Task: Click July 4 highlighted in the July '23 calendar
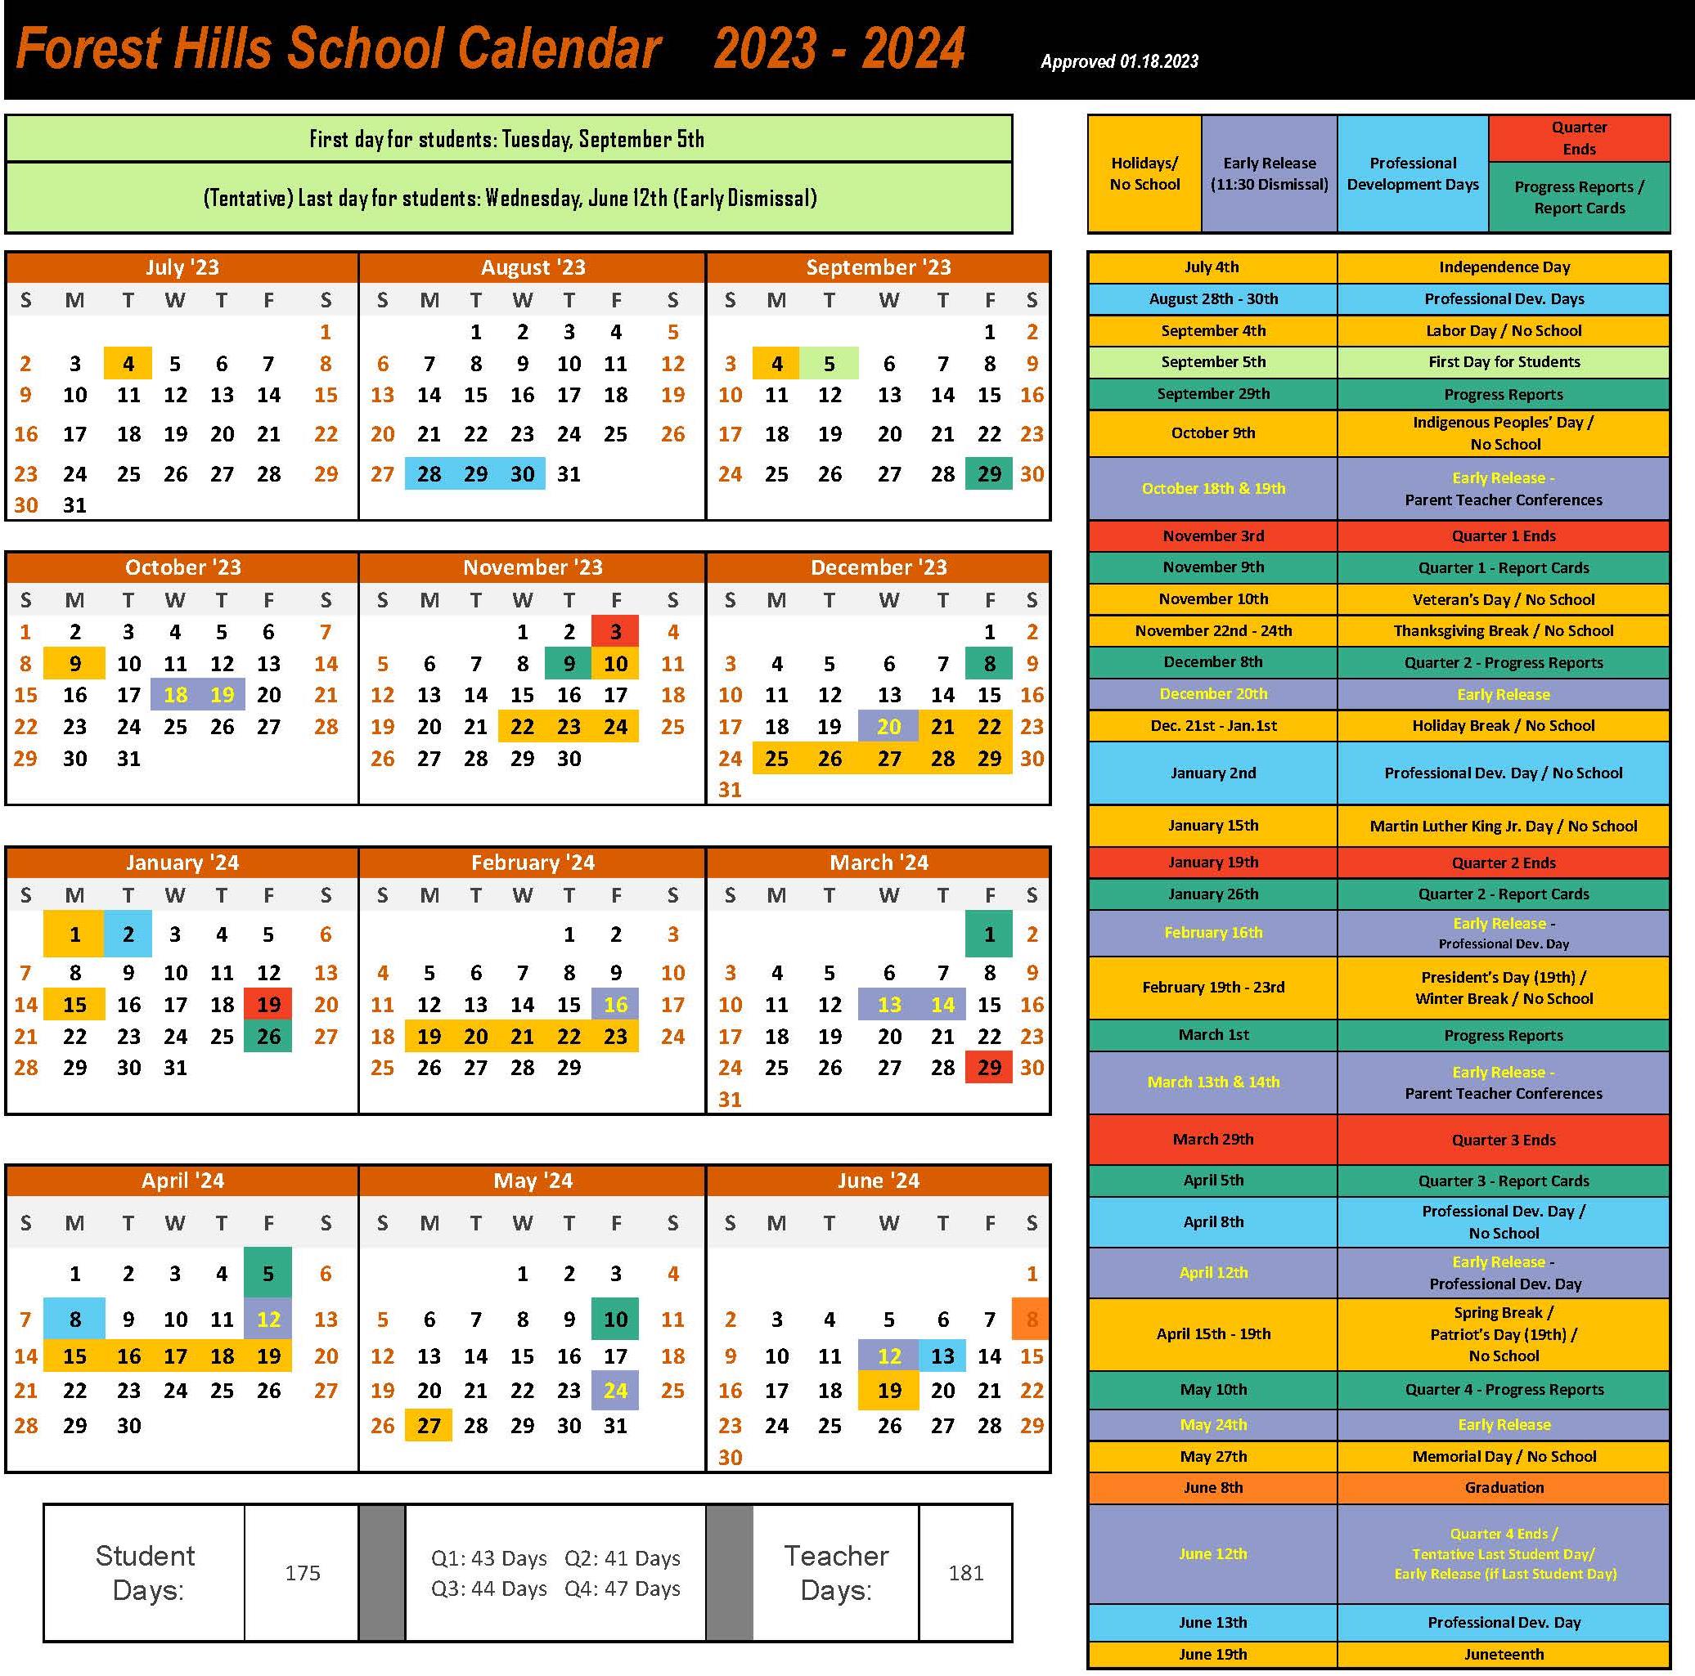(128, 363)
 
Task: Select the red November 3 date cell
(615, 631)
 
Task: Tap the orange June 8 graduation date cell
(1031, 1318)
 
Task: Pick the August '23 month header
(532, 267)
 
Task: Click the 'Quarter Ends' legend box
(1578, 138)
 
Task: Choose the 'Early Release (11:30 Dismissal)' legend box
(1269, 173)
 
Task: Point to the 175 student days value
(302, 1572)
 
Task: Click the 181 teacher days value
(965, 1572)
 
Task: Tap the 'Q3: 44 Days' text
(488, 1589)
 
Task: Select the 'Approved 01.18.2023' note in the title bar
(1118, 61)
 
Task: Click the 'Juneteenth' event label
(1503, 1654)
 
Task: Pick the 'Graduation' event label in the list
(1503, 1487)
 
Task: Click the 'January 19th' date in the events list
(1212, 863)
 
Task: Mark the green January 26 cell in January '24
(268, 1036)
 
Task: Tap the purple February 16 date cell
(615, 1004)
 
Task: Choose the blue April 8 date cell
(75, 1318)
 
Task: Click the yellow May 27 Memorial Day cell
(429, 1425)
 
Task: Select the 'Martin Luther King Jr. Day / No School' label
(1503, 825)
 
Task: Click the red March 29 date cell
(989, 1068)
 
